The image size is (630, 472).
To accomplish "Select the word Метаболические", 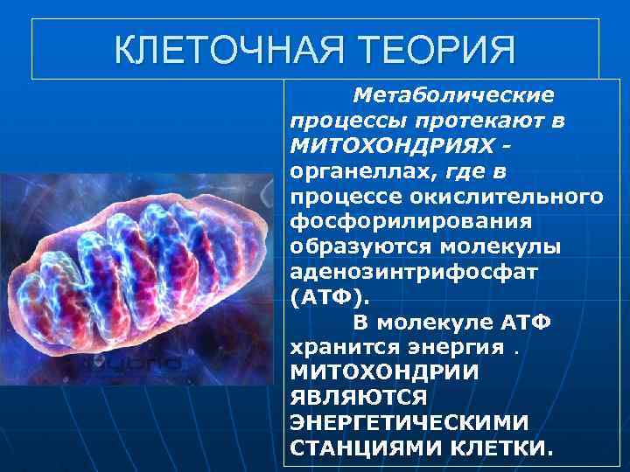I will point(452,93).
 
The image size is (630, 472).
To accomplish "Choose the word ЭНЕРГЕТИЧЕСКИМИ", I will point(408,424).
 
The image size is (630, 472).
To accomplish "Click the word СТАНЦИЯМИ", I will point(360,449).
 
